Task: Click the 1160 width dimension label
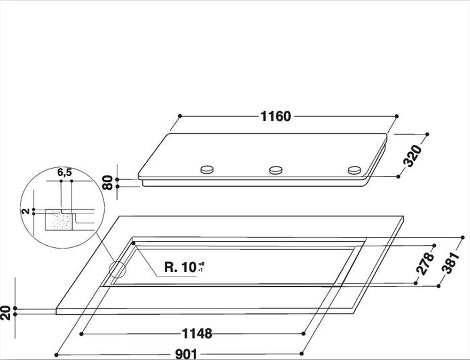click(276, 116)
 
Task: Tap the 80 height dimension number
click(108, 182)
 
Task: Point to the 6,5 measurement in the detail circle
click(65, 172)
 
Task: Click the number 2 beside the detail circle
click(27, 211)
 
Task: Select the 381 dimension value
click(449, 261)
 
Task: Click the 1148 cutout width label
click(197, 334)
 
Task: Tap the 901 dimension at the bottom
click(186, 354)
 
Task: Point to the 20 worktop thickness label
click(5, 313)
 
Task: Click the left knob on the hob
click(207, 170)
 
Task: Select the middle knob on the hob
click(276, 170)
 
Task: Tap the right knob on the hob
click(354, 170)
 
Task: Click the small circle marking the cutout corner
click(117, 270)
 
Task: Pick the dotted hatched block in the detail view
click(59, 221)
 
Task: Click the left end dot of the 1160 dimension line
click(180, 116)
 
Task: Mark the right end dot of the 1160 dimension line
click(397, 116)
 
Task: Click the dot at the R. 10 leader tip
click(133, 243)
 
